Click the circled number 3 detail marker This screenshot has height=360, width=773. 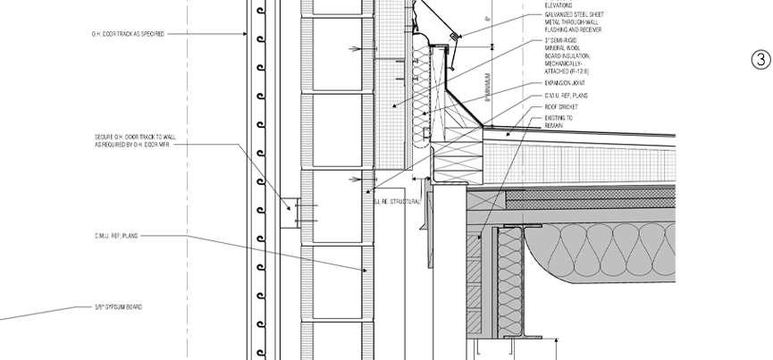coord(760,60)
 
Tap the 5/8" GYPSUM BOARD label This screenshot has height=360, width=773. coord(120,307)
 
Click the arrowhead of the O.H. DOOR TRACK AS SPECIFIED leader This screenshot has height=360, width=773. coord(248,34)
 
